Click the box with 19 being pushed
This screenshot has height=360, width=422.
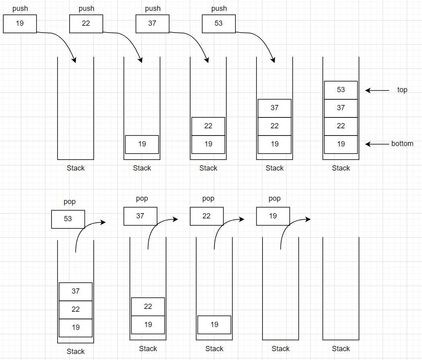[x=20, y=24]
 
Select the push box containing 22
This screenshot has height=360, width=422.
[x=86, y=24]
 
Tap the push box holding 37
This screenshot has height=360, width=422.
[x=152, y=24]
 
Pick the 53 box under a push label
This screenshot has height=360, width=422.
[x=219, y=24]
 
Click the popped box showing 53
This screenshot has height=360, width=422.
[x=68, y=219]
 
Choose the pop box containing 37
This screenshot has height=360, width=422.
[x=140, y=216]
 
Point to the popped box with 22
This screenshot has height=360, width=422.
[x=207, y=216]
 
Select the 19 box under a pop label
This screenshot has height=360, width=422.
[x=273, y=216]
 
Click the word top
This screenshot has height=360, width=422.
[x=402, y=90]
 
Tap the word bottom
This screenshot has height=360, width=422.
[x=402, y=144]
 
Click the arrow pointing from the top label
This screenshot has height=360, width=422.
[x=377, y=91]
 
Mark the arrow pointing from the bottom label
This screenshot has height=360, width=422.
[x=377, y=144]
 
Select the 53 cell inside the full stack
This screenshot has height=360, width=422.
[x=341, y=90]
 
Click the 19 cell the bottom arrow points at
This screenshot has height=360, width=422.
[x=341, y=144]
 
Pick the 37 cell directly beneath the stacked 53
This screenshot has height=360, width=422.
[x=341, y=108]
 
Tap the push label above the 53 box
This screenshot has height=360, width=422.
[x=219, y=8]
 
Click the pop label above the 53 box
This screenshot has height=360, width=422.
[x=70, y=202]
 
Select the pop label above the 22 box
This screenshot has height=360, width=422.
[x=208, y=198]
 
